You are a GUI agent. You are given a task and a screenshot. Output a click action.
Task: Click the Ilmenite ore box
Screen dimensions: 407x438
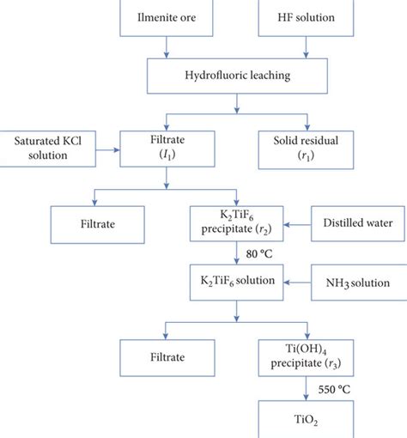[x=167, y=18]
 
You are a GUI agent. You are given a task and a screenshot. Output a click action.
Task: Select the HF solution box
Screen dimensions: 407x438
[x=306, y=18]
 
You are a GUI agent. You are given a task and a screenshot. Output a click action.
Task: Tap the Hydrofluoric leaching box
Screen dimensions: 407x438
[x=237, y=76]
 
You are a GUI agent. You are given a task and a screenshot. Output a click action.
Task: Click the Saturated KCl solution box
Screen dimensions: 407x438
[x=47, y=149]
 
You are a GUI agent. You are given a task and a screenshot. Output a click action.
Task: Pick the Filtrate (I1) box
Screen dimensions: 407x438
[x=167, y=149]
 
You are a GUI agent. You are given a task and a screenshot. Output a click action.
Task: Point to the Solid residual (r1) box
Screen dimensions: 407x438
[x=306, y=150]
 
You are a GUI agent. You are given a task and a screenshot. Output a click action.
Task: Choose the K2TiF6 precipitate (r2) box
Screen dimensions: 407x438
[x=237, y=223]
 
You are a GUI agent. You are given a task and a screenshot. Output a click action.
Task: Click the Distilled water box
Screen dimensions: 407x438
[x=358, y=223]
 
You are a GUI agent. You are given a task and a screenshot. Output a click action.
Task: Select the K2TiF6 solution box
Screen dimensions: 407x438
[x=237, y=283]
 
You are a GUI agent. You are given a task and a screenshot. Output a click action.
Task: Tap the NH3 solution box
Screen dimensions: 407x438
[x=359, y=283]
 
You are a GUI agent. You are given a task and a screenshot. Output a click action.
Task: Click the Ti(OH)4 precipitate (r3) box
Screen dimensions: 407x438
[x=306, y=358]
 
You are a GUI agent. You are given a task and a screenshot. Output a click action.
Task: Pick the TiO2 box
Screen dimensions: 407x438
[x=306, y=419]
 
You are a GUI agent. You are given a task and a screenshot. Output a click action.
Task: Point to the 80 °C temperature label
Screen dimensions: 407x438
[x=259, y=254]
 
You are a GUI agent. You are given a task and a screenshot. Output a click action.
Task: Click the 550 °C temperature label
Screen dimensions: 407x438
[x=334, y=389]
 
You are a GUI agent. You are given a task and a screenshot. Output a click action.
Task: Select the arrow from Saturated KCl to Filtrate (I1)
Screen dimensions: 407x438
[x=108, y=149]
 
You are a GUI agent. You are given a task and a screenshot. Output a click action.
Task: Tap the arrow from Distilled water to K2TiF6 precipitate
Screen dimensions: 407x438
[x=297, y=225]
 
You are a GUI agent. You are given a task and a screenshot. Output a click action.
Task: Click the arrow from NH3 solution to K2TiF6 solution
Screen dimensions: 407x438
[x=297, y=283]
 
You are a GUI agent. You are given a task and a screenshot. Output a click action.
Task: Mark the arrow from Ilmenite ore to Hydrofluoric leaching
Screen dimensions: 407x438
[x=167, y=47]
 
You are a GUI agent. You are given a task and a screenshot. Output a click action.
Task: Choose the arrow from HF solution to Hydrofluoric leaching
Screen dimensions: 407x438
[x=306, y=47]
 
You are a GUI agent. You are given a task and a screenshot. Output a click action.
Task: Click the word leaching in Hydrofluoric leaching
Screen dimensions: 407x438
[x=270, y=76]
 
